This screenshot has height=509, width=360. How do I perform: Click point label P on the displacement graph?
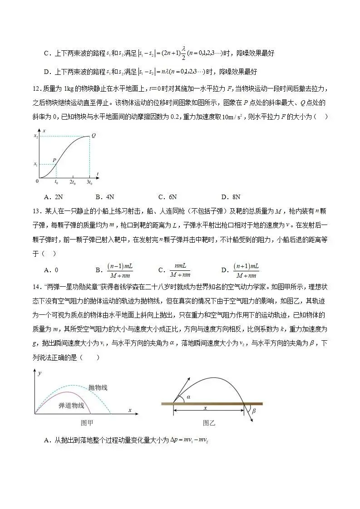pos(54,160)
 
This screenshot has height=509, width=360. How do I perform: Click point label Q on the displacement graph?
pos(93,135)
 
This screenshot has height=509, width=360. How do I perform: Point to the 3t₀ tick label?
pos(89,182)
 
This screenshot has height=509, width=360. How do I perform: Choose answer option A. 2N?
pos(54,197)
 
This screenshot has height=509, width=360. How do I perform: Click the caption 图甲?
pos(86,423)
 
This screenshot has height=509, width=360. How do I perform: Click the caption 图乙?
pos(209,423)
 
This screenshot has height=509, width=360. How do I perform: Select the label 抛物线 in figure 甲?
pos(98,387)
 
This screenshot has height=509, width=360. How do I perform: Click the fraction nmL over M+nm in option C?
pos(180,270)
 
